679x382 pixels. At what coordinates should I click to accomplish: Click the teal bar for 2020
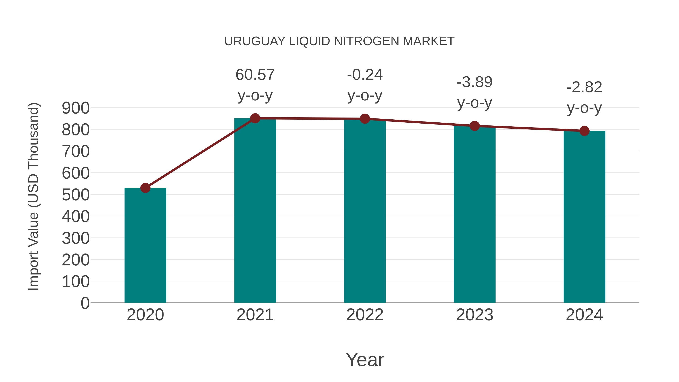click(x=145, y=245)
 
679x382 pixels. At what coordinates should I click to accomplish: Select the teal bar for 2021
click(x=255, y=211)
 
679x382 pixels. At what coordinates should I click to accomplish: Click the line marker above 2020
click(x=145, y=188)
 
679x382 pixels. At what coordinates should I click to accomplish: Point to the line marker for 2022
click(x=365, y=119)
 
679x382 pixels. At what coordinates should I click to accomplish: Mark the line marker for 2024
click(x=584, y=131)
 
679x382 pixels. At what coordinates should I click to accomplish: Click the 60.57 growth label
click(x=255, y=75)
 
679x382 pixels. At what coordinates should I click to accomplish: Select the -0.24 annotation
click(x=365, y=75)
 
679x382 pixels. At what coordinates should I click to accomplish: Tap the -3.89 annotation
click(x=475, y=82)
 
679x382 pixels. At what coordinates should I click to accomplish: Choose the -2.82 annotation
click(x=584, y=88)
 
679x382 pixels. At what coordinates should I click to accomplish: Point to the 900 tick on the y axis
click(x=76, y=108)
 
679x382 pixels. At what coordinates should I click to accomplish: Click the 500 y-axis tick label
click(x=76, y=195)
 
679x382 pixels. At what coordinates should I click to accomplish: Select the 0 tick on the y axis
click(x=85, y=303)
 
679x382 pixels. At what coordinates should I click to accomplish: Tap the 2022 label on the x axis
click(x=365, y=315)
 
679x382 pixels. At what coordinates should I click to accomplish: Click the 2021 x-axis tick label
click(x=255, y=315)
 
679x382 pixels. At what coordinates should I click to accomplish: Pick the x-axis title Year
click(x=365, y=360)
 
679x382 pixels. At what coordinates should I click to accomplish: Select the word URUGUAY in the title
click(x=255, y=41)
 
